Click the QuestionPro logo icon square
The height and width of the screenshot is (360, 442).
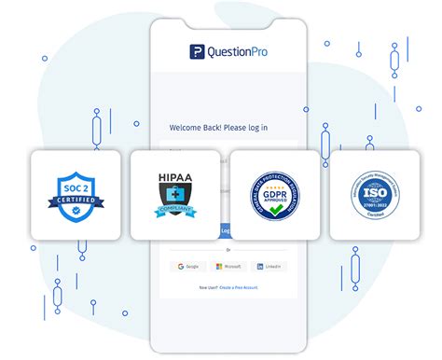click(196, 52)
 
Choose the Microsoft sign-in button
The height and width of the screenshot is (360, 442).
click(229, 267)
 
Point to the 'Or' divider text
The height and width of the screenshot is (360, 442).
click(227, 250)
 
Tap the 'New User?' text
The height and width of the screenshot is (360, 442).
click(209, 286)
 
